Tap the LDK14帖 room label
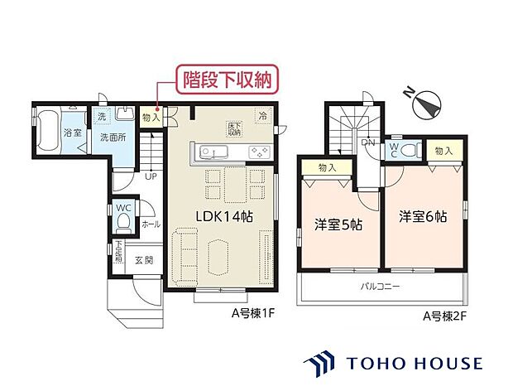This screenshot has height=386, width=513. coord(223,215)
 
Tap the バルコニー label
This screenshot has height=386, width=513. coord(380,287)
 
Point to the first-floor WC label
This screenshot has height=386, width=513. coord(122,207)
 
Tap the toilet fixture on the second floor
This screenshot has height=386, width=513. coord(411,150)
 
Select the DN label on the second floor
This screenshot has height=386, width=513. coord(367,142)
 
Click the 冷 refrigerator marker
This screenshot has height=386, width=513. coord(263,117)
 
